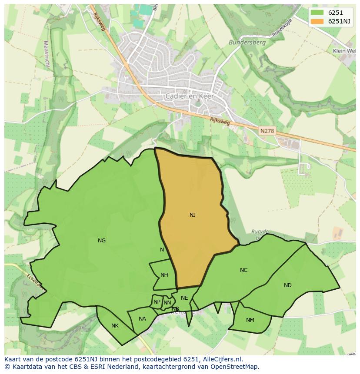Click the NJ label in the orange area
click(193, 215)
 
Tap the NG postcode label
click(102, 241)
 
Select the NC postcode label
click(243, 270)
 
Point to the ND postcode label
click(287, 285)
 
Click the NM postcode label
click(250, 320)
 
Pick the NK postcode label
click(115, 326)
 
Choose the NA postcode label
click(142, 319)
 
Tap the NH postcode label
click(164, 275)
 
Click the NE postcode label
click(184, 298)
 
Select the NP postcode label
click(157, 302)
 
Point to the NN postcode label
click(167, 303)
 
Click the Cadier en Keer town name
click(187, 96)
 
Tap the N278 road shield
click(267, 131)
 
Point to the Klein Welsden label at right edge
click(344, 51)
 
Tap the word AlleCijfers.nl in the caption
click(221, 359)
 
